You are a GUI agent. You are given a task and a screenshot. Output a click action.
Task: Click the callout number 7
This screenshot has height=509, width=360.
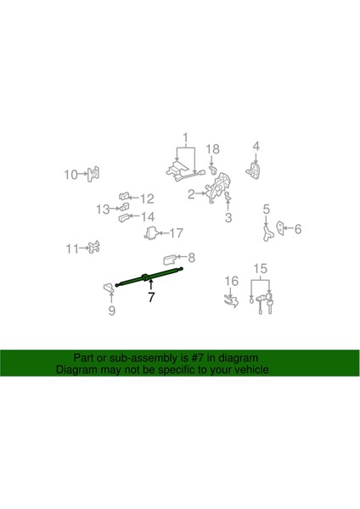click(x=150, y=298)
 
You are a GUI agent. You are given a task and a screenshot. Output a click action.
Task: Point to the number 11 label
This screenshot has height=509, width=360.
click(x=71, y=249)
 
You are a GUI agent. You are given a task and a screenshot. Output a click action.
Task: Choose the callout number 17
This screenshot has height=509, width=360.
click(x=177, y=232)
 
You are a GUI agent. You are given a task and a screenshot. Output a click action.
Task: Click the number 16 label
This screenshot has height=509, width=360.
click(x=230, y=281)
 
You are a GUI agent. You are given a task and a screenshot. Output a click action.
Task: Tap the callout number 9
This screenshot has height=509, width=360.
click(x=110, y=310)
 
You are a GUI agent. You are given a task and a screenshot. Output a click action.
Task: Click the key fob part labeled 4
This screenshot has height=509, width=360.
click(x=254, y=171)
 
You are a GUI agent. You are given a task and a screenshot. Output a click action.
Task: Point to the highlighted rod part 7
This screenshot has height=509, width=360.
click(x=149, y=277)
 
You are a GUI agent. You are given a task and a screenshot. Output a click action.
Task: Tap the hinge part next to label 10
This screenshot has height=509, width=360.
click(x=93, y=174)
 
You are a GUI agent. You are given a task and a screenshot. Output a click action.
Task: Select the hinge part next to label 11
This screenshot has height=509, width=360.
click(x=94, y=248)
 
